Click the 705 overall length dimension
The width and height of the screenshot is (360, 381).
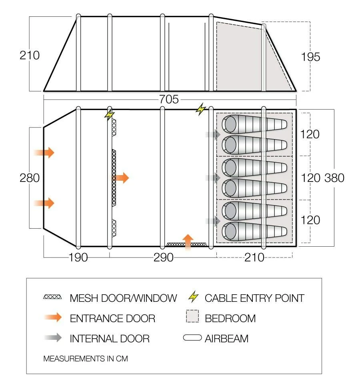[169, 99]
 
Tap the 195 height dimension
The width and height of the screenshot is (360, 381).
[311, 57]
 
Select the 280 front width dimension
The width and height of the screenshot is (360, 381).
[30, 178]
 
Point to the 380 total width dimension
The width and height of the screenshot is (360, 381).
[334, 178]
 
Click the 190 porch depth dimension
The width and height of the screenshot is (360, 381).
[78, 257]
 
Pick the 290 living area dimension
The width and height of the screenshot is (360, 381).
[164, 257]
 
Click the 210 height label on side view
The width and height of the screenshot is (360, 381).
[30, 55]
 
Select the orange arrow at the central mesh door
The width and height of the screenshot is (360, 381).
[122, 178]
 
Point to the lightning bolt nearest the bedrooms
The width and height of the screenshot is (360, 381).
[200, 109]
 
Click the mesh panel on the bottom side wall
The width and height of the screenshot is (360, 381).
[186, 244]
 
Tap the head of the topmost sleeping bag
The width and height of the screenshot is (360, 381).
[230, 124]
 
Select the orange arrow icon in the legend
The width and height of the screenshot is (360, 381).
[53, 318]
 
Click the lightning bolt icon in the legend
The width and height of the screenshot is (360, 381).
[194, 297]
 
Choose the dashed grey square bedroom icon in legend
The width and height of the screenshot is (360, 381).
[192, 318]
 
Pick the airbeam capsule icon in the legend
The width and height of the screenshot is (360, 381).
[192, 338]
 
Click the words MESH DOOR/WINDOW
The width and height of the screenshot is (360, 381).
[123, 298]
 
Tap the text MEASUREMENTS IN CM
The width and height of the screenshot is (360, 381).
[85, 359]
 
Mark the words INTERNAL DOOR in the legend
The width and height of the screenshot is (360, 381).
[109, 339]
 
